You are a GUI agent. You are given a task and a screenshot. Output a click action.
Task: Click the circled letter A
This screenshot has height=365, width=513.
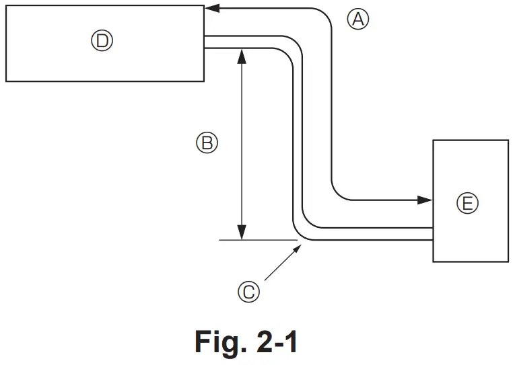click(358, 19)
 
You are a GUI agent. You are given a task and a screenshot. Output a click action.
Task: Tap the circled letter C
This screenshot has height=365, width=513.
click(248, 291)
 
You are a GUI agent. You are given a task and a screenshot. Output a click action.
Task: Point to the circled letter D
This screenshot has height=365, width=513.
click(102, 42)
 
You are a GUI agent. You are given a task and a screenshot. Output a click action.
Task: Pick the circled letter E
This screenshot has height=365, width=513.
click(467, 202)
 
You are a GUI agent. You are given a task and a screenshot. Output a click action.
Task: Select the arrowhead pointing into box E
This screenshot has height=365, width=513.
click(425, 200)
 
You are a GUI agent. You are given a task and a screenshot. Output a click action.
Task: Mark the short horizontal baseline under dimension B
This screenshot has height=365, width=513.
click(258, 239)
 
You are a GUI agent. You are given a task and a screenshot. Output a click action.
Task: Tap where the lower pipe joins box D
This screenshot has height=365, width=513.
click(205, 48)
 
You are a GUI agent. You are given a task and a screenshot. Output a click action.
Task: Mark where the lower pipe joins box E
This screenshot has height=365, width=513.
click(433, 240)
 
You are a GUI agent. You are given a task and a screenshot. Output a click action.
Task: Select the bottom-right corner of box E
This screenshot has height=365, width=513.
click(508, 261)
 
